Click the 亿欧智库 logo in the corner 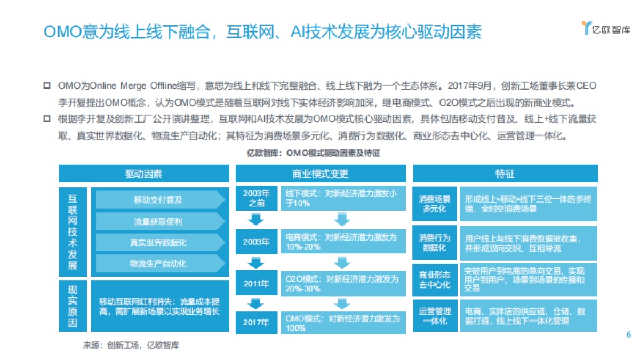pyautogui.click(x=605, y=28)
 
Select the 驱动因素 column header pyautogui.click(x=144, y=174)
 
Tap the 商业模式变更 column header pyautogui.click(x=321, y=174)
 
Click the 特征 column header pyautogui.click(x=505, y=174)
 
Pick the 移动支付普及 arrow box pyautogui.click(x=159, y=200)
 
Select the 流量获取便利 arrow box pyautogui.click(x=159, y=221)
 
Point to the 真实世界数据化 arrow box pyautogui.click(x=159, y=242)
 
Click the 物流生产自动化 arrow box pyautogui.click(x=159, y=263)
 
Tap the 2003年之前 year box pyautogui.click(x=256, y=198)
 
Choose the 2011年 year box pyautogui.click(x=256, y=283)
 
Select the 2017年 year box pyautogui.click(x=256, y=322)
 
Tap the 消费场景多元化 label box pyautogui.click(x=435, y=203)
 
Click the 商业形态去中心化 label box pyautogui.click(x=435, y=279)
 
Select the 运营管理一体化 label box pyautogui.click(x=435, y=316)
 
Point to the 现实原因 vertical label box pyautogui.click(x=73, y=306)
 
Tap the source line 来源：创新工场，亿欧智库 pyautogui.click(x=131, y=345)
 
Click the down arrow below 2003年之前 pyautogui.click(x=256, y=219)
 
